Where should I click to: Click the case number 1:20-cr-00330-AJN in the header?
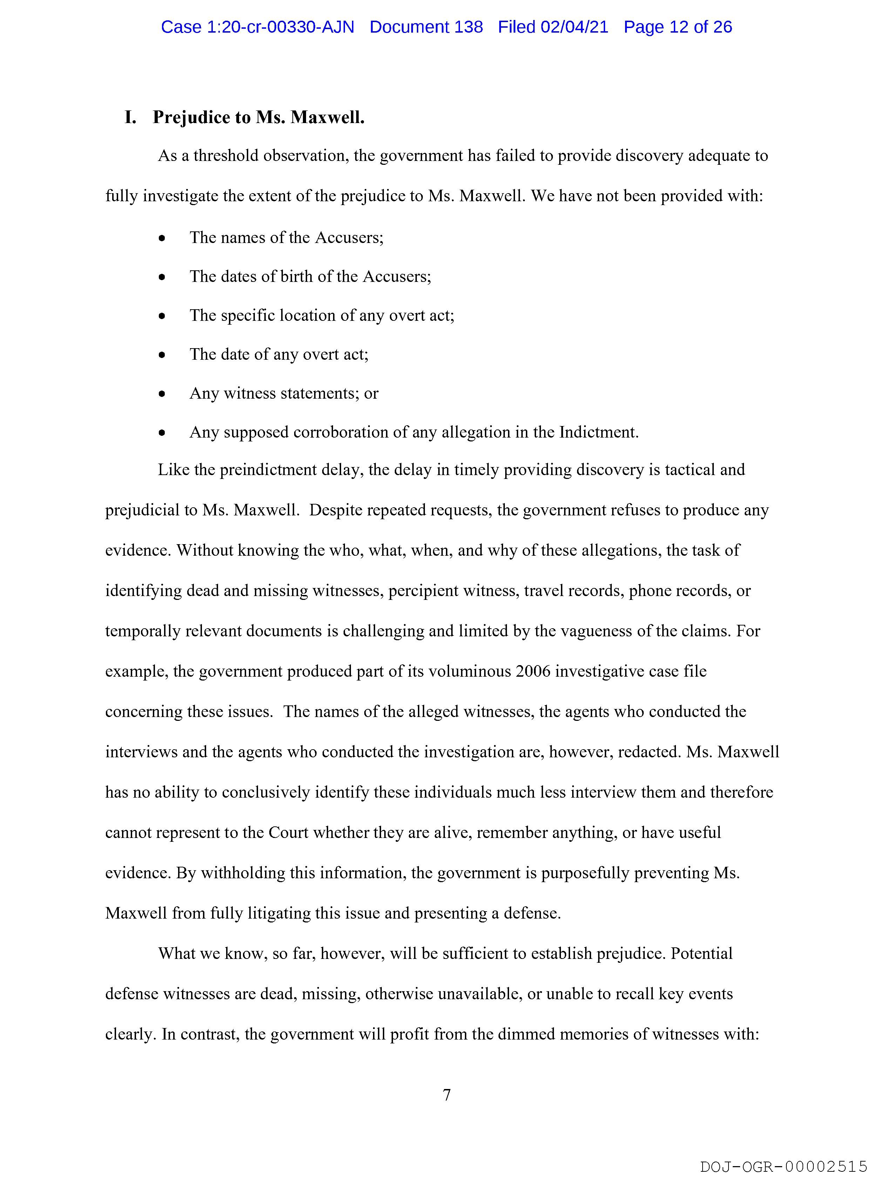click(x=258, y=27)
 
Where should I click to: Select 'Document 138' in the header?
click(x=426, y=27)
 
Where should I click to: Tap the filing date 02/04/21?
click(x=574, y=27)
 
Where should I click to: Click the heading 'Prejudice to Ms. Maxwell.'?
click(x=259, y=117)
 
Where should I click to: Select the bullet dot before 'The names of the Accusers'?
click(x=162, y=238)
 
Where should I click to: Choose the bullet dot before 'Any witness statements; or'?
click(x=162, y=394)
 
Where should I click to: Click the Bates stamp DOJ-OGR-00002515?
click(x=784, y=1166)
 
